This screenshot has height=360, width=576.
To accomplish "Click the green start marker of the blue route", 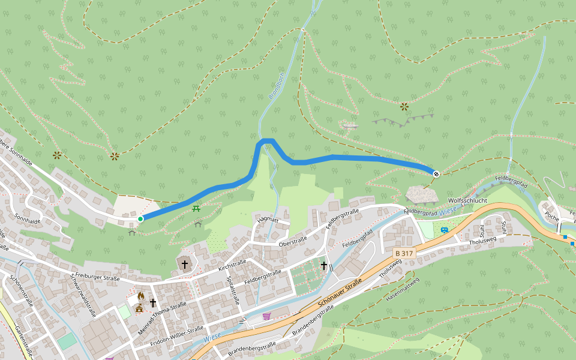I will point(140,219).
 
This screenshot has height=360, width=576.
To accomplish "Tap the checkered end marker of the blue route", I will point(436,174).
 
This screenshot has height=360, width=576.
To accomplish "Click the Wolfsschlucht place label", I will point(467,200).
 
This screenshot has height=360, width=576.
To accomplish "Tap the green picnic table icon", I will point(196,208).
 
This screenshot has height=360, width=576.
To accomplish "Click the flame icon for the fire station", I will point(140,296).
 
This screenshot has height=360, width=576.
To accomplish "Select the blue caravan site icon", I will point(444,230).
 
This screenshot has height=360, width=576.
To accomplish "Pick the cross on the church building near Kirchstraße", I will point(185,264).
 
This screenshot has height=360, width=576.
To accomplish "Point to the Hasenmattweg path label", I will point(403,288).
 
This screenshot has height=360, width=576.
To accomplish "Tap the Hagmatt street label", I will point(268,220).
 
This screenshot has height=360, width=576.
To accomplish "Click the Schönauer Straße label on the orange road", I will point(337,293).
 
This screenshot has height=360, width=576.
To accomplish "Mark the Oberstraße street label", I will point(293,242).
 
